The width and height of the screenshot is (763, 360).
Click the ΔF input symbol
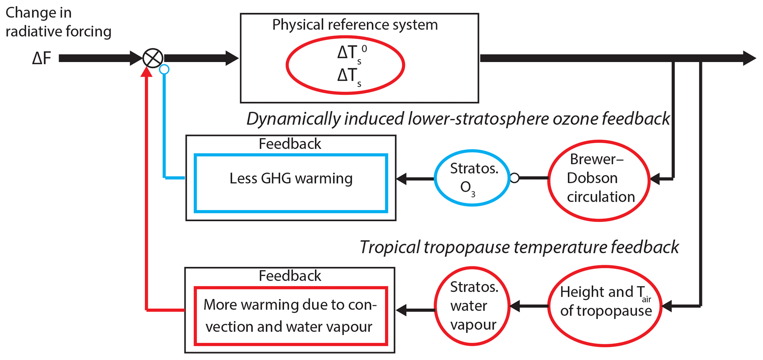coord(41,58)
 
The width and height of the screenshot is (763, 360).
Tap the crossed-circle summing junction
coord(153,58)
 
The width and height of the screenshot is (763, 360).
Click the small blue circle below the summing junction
coord(164,69)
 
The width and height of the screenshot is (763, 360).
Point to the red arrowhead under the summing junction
coord(147,72)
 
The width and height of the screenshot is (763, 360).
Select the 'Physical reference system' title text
coord(355,25)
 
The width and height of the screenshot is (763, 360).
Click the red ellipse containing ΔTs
coord(345,65)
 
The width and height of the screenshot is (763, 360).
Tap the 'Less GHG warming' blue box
coord(291,183)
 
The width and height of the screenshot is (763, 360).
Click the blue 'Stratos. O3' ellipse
coord(472,178)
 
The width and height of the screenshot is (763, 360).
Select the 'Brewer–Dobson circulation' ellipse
coord(599,180)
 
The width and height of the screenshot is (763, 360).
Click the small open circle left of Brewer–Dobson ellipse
coord(515,178)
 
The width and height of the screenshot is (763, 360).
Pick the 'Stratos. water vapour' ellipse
coord(472,306)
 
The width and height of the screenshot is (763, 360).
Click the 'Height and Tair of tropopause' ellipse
coord(605,306)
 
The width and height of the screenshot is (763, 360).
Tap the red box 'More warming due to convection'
coord(291,316)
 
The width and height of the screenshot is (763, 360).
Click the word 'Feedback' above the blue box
coord(290,144)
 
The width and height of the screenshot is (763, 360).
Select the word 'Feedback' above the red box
coord(290,276)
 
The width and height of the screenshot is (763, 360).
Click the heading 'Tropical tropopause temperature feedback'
coord(519,247)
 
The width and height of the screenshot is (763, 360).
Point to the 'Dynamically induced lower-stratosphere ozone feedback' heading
coord(458,119)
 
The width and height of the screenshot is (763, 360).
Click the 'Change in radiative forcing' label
coord(58,22)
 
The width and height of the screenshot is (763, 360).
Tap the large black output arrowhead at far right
coord(749,58)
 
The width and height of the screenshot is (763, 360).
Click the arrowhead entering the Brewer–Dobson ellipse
coord(655,179)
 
